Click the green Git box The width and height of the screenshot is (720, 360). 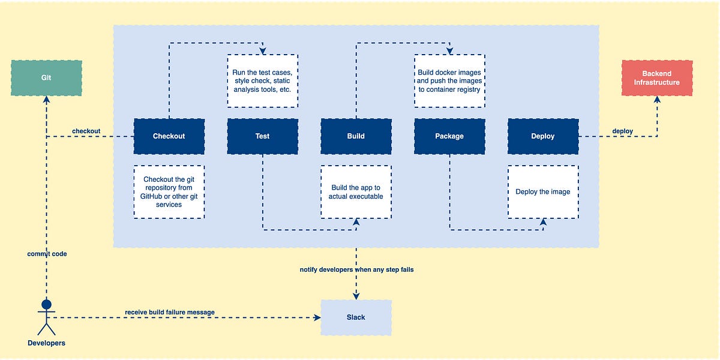[46, 78]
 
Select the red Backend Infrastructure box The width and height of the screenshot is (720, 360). [657, 78]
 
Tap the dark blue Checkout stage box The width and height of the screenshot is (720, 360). [169, 136]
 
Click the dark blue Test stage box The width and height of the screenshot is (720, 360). [262, 136]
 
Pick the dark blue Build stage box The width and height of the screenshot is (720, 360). [356, 136]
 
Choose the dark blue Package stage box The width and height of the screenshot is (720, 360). [449, 136]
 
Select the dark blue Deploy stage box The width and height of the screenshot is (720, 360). [543, 136]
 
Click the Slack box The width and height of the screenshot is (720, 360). [356, 317]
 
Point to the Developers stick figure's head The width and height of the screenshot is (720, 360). [46, 305]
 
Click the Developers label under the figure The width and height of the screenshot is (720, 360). [46, 343]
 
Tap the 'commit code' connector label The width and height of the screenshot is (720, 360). [47, 254]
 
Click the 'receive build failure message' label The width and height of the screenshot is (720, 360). [170, 312]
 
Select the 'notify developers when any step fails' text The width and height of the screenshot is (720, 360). [356, 270]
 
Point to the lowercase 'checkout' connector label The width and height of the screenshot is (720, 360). [86, 131]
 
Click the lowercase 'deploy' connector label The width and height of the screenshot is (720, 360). [622, 131]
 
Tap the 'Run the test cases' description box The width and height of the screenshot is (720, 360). [262, 81]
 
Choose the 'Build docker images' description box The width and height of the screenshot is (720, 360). [449, 81]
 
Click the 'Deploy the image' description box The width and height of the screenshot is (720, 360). [543, 192]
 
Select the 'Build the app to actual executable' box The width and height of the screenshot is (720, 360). [356, 192]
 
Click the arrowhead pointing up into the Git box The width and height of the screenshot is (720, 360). [46, 100]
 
